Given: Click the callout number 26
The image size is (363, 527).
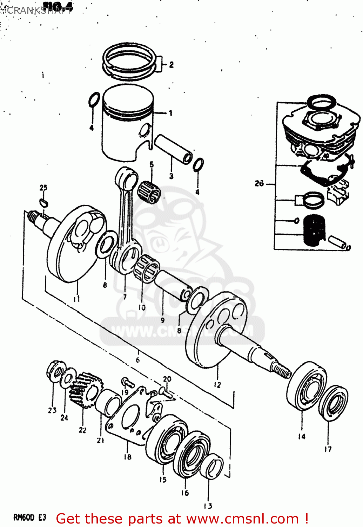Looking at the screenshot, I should [259, 183].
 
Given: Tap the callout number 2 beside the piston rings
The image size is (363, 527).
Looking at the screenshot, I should [171, 65].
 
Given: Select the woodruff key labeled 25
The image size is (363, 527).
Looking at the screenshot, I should [44, 202].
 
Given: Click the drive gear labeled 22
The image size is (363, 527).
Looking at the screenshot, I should [85, 389].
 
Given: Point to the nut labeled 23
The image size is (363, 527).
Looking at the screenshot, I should [54, 370].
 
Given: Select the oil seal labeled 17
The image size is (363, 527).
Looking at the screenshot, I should [333, 403].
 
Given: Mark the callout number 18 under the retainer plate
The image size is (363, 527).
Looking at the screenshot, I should [127, 457].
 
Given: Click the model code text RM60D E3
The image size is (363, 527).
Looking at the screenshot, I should [29, 518].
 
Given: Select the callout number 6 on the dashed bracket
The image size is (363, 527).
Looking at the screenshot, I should [138, 360].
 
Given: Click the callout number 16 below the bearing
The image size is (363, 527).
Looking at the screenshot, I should [185, 493].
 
